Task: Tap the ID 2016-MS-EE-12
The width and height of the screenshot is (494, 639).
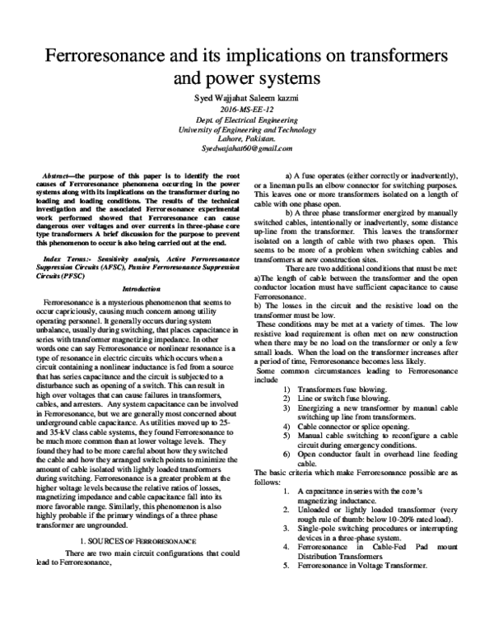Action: [246, 110]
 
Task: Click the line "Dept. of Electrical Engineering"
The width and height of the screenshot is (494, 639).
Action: [246, 121]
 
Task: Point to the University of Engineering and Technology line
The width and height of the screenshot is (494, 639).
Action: [246, 130]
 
